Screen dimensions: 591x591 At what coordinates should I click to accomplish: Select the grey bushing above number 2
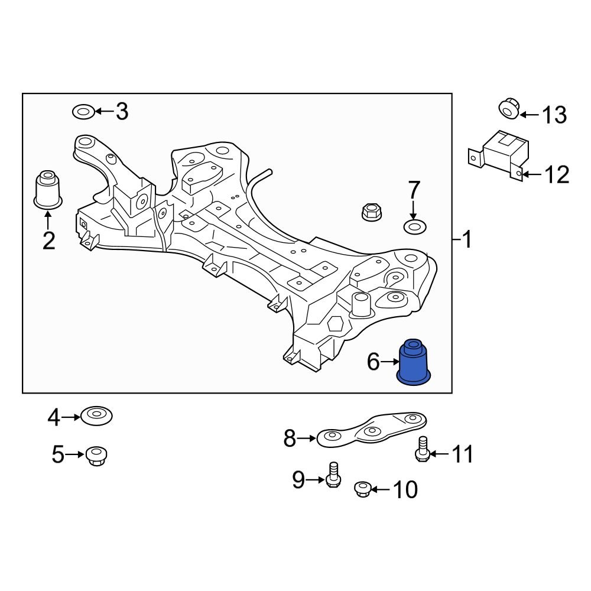pyautogui.click(x=48, y=189)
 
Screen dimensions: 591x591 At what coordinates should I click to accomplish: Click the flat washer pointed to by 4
pyautogui.click(x=96, y=416)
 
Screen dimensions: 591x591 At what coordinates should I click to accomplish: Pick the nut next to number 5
pyautogui.click(x=96, y=456)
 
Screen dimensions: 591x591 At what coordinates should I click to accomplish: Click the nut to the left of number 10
pyautogui.click(x=362, y=489)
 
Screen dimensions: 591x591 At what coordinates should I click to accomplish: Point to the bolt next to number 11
pyautogui.click(x=421, y=449)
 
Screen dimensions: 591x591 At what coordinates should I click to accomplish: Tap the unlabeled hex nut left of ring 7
pyautogui.click(x=371, y=211)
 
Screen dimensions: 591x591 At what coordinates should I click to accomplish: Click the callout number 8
pyautogui.click(x=289, y=439)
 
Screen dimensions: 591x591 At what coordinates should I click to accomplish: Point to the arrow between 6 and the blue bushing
pyautogui.click(x=390, y=362)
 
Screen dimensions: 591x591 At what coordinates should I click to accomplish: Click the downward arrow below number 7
pyautogui.click(x=413, y=209)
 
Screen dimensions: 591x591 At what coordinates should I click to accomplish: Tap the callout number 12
pyautogui.click(x=556, y=174)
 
